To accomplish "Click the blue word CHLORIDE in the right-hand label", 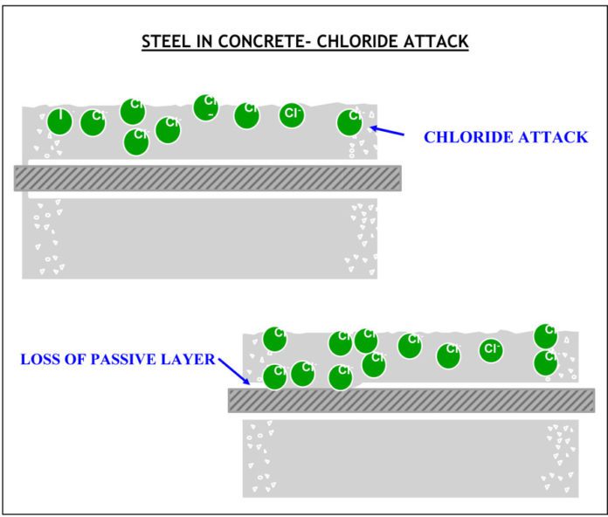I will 470,137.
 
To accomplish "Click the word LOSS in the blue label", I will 40,359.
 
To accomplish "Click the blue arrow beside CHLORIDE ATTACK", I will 388,132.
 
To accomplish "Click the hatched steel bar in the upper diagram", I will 207,177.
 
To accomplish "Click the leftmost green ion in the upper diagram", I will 59,121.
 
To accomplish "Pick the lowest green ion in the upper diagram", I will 136,141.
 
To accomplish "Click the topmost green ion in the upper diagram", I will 206,107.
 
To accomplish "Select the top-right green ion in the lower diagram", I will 546,335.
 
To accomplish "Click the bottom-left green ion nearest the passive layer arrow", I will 275,376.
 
